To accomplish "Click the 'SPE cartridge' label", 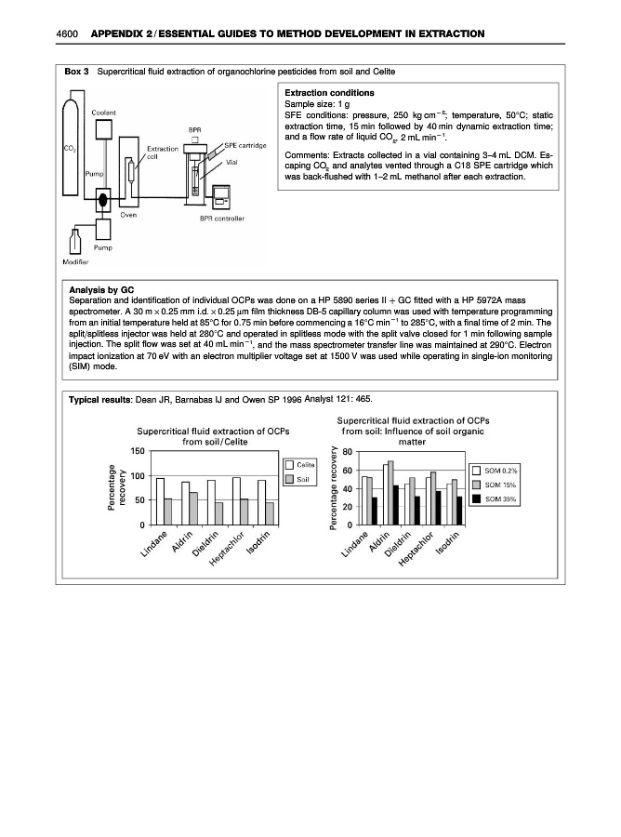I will coord(245,145).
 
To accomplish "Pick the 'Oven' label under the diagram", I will coord(128,215).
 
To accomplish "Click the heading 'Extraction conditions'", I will coord(329,93).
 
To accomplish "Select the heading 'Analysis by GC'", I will coord(96,290).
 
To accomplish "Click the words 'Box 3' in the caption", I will coord(75,71).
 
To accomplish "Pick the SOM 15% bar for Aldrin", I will coord(390,492).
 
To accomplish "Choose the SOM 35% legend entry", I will coord(494,498).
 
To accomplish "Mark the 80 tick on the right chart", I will coord(348,453).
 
